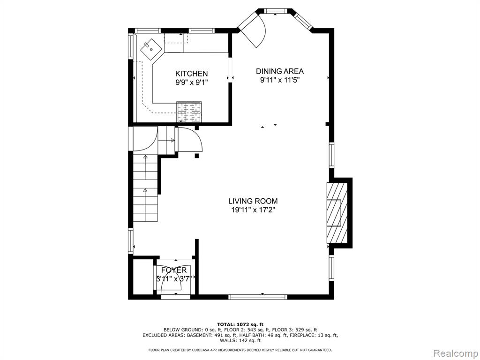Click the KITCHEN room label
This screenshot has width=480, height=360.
191,74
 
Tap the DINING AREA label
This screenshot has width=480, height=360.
280,71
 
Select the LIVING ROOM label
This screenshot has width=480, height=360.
253,201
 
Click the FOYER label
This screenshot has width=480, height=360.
174,270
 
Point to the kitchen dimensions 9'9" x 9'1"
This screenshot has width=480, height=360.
191,82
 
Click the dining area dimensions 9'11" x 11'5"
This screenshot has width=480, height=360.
279,80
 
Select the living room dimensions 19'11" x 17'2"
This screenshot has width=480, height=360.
253,210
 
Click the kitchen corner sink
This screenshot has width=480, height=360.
151,49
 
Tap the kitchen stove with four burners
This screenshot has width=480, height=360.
189,112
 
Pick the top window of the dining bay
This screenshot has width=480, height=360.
277,11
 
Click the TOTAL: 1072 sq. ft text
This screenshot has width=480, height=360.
240,324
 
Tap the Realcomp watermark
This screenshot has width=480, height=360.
455,353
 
